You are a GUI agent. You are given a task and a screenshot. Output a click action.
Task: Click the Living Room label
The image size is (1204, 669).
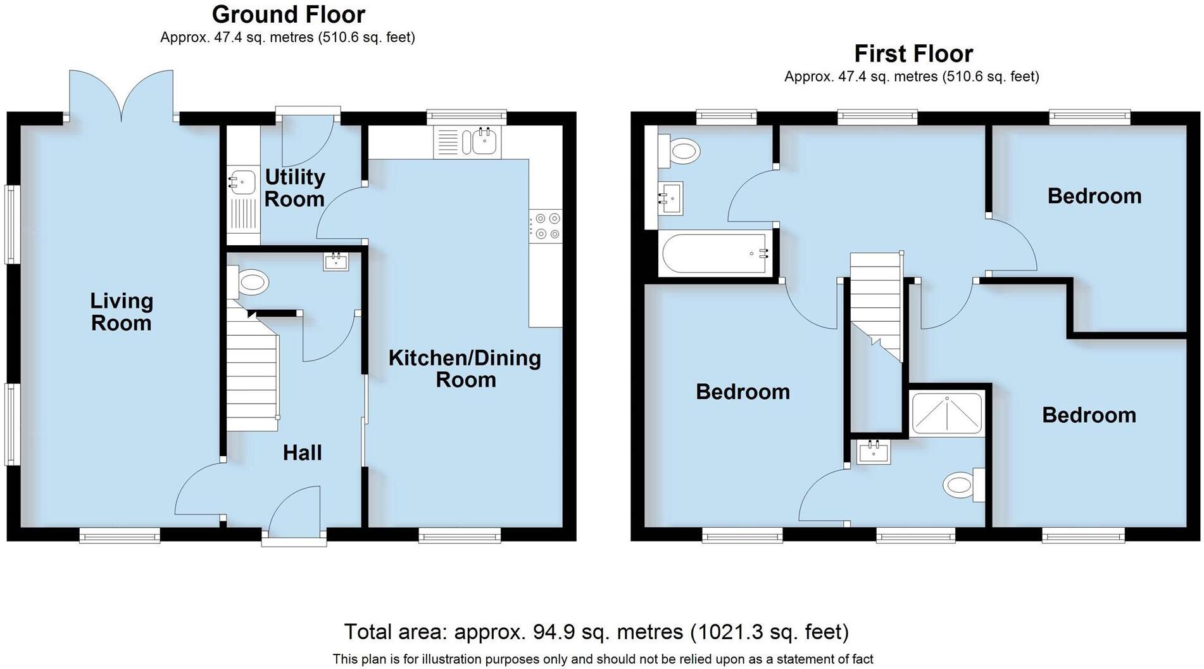(x=122, y=312)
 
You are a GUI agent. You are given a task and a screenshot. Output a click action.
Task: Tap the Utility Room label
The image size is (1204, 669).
(x=294, y=188)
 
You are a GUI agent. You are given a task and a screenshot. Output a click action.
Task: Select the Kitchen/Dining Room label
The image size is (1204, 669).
(x=465, y=368)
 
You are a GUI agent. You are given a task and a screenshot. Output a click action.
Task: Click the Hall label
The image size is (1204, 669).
(x=302, y=452)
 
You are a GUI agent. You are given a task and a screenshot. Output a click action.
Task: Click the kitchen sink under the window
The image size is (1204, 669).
(x=485, y=141)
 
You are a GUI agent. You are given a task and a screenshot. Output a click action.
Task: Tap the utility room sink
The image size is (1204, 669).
(x=243, y=182)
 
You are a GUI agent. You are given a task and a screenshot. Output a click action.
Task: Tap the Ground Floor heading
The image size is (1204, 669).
(x=288, y=14)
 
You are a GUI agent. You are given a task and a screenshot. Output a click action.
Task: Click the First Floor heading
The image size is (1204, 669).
(x=913, y=53)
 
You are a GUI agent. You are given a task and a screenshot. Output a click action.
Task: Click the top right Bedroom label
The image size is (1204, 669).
(x=1094, y=196)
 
